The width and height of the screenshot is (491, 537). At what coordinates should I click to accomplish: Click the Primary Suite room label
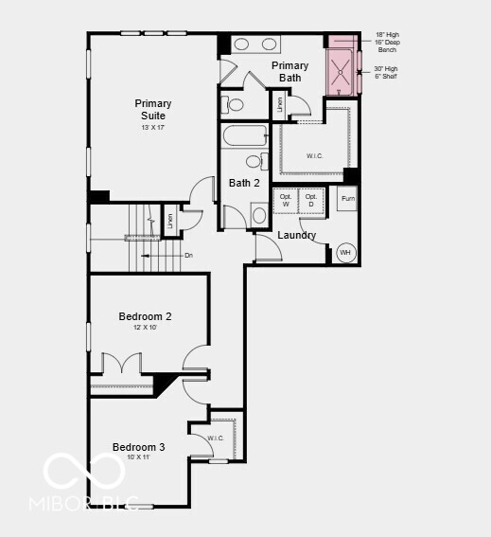pyautogui.click(x=153, y=110)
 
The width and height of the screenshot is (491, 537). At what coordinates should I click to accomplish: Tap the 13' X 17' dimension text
pyautogui.click(x=153, y=127)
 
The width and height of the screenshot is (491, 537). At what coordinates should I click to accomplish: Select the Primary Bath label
pyautogui.click(x=290, y=71)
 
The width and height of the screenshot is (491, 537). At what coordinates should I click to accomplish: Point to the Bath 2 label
pyautogui.click(x=244, y=183)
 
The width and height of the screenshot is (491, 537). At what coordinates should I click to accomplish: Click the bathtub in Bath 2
pyautogui.click(x=246, y=135)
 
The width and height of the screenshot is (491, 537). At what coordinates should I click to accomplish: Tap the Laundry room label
pyautogui.click(x=296, y=235)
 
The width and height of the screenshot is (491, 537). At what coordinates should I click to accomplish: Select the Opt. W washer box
pyautogui.click(x=286, y=200)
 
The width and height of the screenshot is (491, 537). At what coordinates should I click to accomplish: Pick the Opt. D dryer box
pyautogui.click(x=311, y=200)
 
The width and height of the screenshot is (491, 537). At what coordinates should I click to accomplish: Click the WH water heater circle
pyautogui.click(x=345, y=253)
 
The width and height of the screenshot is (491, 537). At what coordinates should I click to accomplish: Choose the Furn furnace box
pyautogui.click(x=348, y=199)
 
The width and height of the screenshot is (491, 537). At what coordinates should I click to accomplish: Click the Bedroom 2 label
pyautogui.click(x=145, y=316)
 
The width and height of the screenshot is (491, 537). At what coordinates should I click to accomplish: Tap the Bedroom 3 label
pyautogui.click(x=139, y=447)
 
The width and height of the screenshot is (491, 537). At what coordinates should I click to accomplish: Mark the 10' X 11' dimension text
pyautogui.click(x=139, y=457)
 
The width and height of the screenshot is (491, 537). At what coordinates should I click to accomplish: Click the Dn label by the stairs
pyautogui.click(x=189, y=255)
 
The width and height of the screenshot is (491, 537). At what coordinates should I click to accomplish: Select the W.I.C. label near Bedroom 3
pyautogui.click(x=215, y=438)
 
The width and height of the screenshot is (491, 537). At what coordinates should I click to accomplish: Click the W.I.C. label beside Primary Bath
pyautogui.click(x=315, y=154)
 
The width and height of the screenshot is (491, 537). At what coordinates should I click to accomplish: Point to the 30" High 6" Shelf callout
pyautogui.click(x=387, y=72)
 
